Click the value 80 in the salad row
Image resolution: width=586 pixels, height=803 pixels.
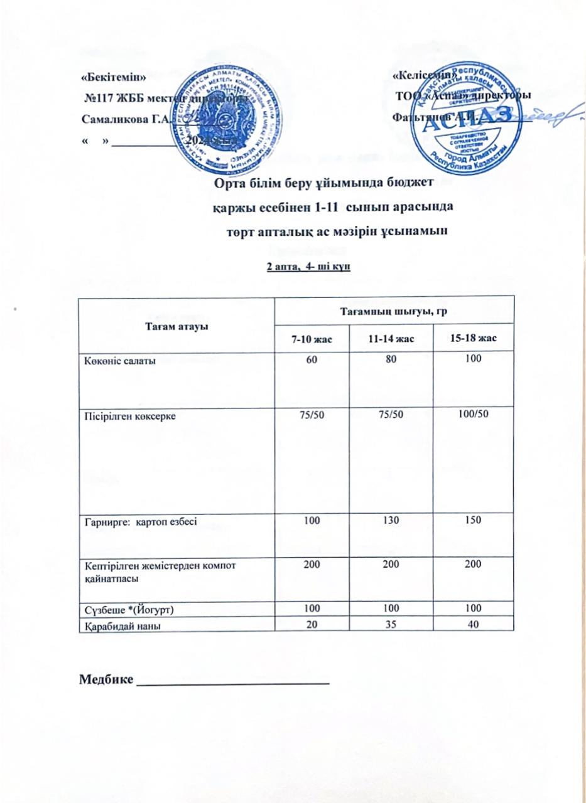(x=393, y=359)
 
